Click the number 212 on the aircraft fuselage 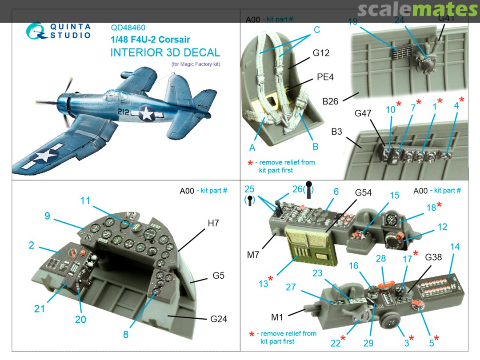[x=124, y=112]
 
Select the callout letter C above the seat [x=316, y=30]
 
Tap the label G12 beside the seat [x=321, y=53]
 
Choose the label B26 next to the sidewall [x=330, y=101]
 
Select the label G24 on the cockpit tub [x=218, y=319]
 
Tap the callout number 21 [x=40, y=308]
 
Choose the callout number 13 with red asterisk [x=264, y=283]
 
